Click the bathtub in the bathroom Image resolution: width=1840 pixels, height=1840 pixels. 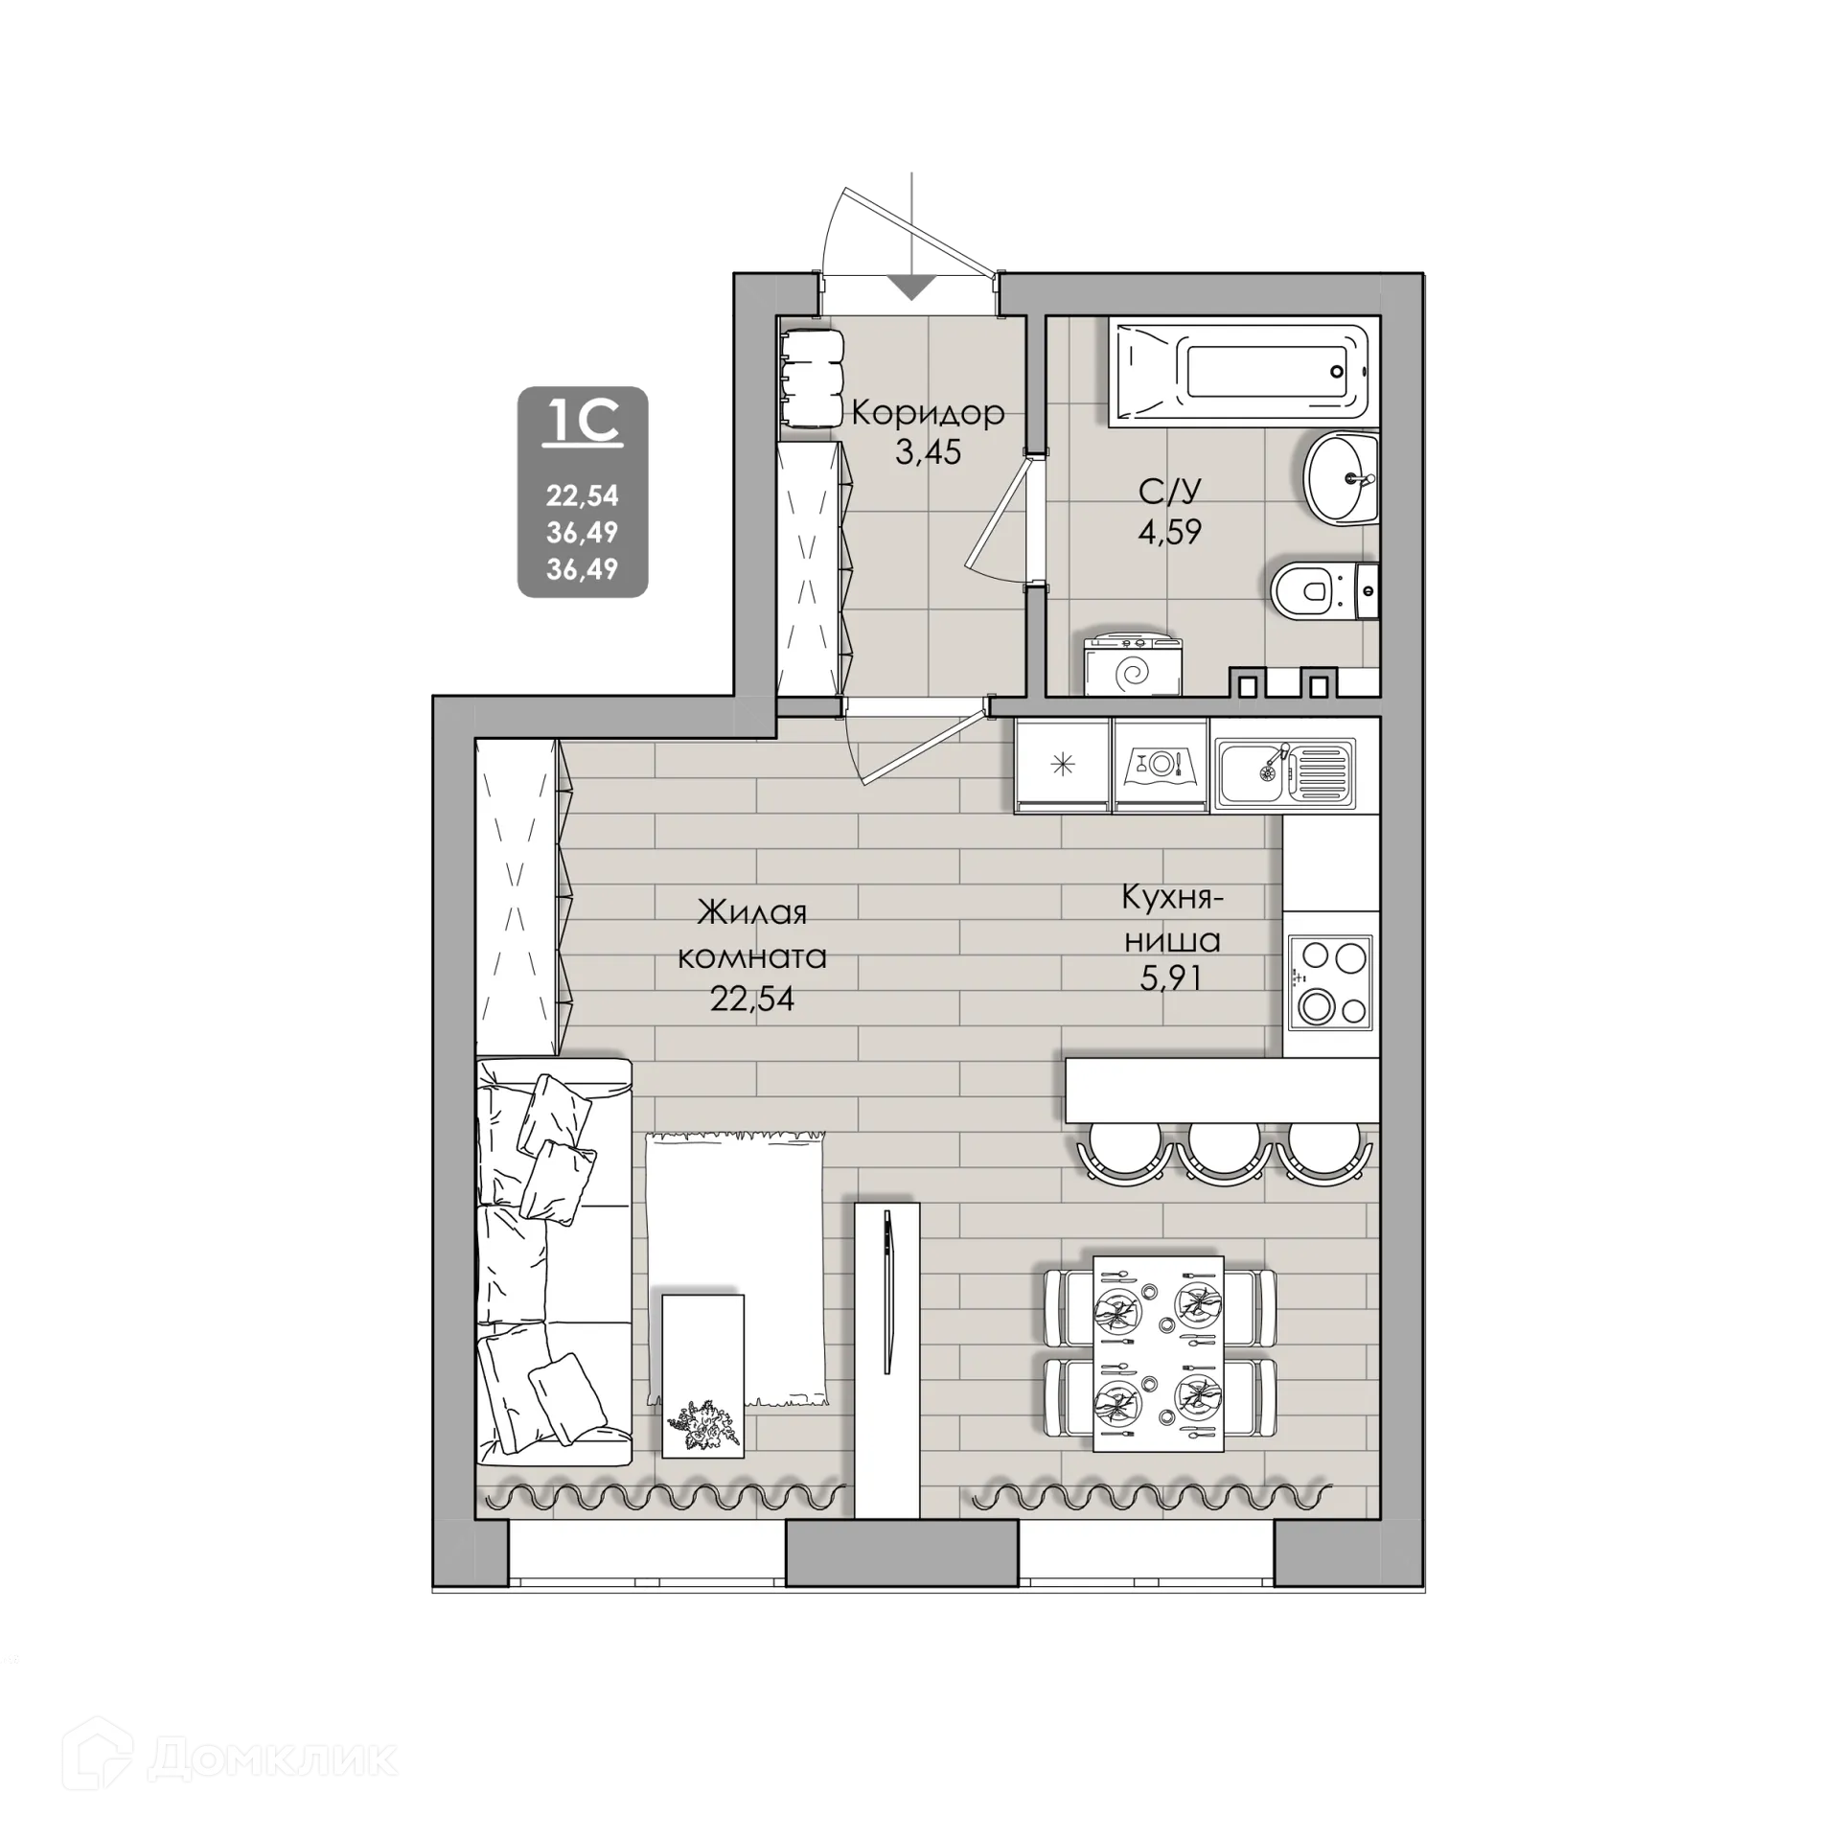click(1243, 373)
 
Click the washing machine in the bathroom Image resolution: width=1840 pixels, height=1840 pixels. click(1133, 666)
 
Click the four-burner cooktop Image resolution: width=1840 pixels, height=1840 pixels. click(1330, 982)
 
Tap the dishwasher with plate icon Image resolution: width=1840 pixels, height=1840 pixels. click(1161, 766)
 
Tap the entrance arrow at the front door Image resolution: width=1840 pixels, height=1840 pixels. click(911, 287)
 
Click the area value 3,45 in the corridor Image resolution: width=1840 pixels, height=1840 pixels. click(928, 451)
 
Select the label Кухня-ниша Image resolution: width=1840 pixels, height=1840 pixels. click(1172, 920)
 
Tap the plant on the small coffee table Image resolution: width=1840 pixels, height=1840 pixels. click(707, 1429)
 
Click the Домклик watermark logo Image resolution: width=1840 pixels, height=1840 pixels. click(230, 1759)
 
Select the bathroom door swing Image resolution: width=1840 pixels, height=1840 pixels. click(1000, 519)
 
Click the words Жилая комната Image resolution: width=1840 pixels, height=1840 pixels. click(752, 934)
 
